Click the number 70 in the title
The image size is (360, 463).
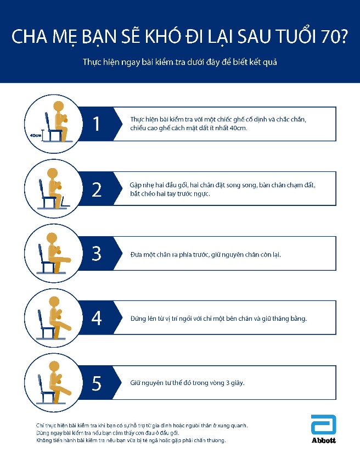tap(326, 37)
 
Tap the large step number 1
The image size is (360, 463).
tap(97, 124)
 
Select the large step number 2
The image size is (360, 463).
tap(97, 189)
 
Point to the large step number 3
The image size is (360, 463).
tap(97, 253)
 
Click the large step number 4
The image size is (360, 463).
tap(97, 319)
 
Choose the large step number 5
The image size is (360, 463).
tap(97, 383)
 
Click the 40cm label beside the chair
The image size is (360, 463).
tap(36, 135)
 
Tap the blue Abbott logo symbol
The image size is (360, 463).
tap(323, 425)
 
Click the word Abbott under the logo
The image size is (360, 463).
tap(324, 440)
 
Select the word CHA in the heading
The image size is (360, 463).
tap(30, 37)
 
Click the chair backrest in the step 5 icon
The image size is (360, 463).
tap(40, 383)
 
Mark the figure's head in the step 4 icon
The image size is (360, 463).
tap(54, 302)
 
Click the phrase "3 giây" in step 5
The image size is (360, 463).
tap(235, 383)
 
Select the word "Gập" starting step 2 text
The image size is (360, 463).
tap(134, 186)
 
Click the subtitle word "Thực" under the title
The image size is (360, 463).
tap(90, 62)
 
